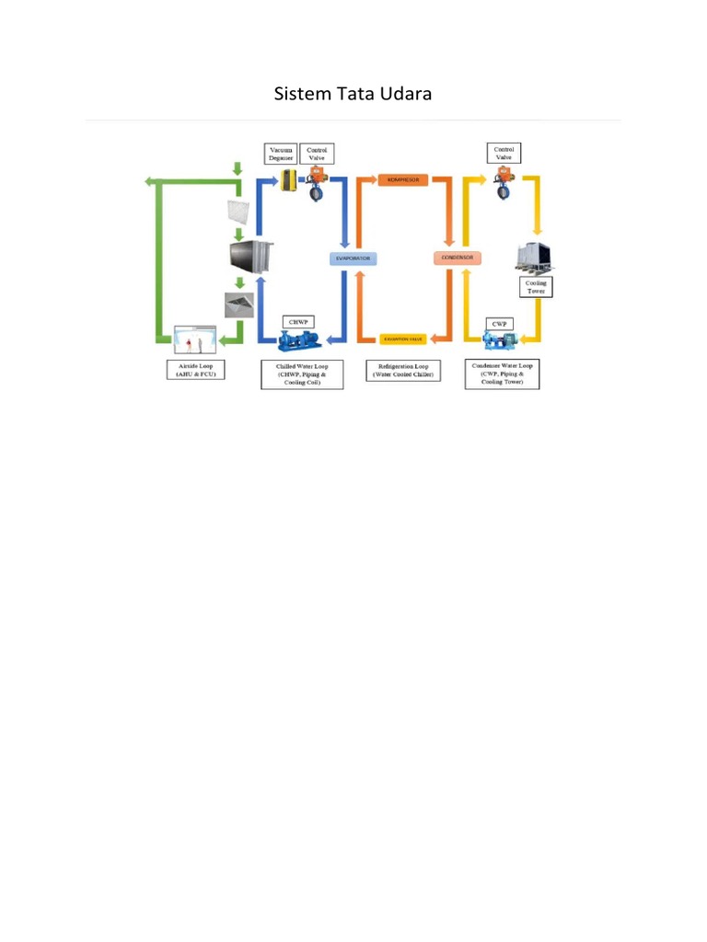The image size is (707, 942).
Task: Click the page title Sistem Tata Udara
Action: coord(353,95)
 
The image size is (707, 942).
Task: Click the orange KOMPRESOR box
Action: coord(402,180)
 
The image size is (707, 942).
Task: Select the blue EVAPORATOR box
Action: coord(351,259)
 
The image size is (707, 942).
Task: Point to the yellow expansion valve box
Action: coord(404,339)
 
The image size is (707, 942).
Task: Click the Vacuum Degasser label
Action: coord(281,154)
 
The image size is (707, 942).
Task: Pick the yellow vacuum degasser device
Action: coord(287,181)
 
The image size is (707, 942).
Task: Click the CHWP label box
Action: coord(298,322)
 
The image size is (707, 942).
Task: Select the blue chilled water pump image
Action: coord(299,341)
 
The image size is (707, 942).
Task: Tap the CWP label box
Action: coord(500,324)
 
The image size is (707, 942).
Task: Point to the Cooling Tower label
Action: coord(536,287)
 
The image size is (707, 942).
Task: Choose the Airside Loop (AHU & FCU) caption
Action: coord(195,370)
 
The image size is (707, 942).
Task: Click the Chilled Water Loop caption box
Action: coord(302,373)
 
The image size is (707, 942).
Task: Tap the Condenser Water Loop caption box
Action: coord(502,373)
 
